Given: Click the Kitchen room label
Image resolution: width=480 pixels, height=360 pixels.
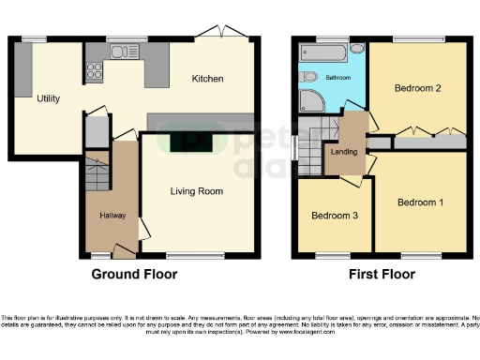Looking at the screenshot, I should coord(207,79).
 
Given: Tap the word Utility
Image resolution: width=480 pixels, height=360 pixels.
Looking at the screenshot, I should coord(49,97).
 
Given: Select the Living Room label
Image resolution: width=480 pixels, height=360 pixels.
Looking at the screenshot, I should coord(196,191).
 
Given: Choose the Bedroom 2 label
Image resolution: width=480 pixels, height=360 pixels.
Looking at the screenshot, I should coord(417,89).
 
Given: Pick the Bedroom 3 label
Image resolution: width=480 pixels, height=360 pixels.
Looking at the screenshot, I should coord(334,215).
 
